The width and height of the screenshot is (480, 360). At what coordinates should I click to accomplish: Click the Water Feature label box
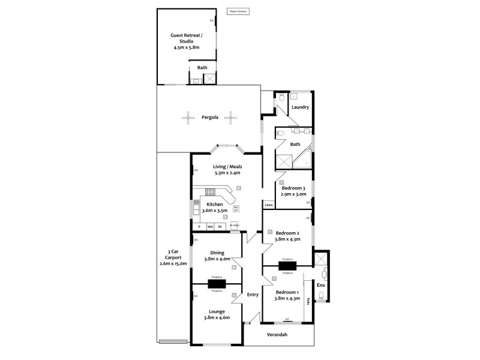tap(238, 11)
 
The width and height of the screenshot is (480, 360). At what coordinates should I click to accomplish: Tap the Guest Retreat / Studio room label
tap(185, 40)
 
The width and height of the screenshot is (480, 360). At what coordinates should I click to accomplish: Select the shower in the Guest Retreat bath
tap(209, 79)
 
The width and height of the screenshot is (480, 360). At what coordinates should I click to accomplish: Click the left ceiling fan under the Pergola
tap(188, 118)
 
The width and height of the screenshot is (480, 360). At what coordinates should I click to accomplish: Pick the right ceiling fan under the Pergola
tap(230, 118)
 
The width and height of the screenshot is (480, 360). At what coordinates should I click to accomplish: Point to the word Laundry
tap(300, 107)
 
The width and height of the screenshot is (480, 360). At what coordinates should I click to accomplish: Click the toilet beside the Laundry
tap(281, 98)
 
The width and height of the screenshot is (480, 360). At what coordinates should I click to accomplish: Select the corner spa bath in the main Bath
tap(304, 160)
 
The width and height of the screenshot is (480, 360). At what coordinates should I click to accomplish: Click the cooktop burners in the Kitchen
tap(211, 192)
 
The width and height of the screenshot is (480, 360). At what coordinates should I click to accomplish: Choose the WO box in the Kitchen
tap(210, 227)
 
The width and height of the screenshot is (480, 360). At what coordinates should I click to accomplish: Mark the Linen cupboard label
tap(268, 205)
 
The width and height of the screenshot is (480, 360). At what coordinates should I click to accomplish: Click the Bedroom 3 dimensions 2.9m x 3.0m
tap(294, 194)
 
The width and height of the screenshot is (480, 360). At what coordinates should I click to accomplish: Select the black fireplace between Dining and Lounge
tap(217, 284)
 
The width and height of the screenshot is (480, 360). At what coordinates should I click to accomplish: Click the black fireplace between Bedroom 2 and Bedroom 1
tap(287, 266)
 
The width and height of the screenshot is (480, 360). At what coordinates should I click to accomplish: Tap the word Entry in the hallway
tap(253, 294)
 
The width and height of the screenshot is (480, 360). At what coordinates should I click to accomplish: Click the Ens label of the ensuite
tap(321, 286)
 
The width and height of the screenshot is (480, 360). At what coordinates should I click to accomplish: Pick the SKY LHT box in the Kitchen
tap(236, 209)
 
